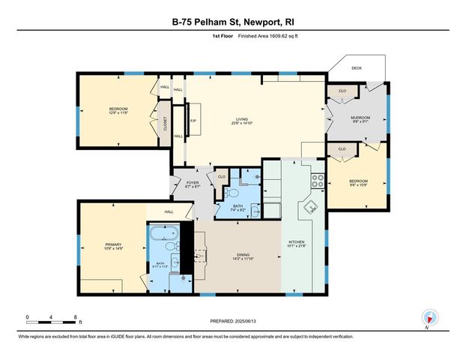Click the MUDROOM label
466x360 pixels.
[x=361, y=118]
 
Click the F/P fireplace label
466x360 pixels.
[x=193, y=120]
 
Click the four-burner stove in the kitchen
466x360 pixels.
[x=317, y=180]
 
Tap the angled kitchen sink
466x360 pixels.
[x=307, y=208]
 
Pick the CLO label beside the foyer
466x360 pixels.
[x=221, y=177]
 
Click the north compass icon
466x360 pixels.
[x=429, y=317]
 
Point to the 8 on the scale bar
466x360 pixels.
[x=75, y=317]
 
